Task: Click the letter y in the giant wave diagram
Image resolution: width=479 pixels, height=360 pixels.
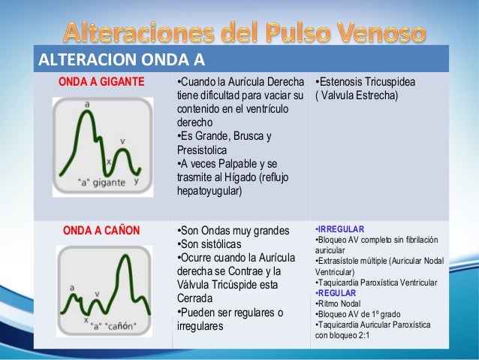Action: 136,181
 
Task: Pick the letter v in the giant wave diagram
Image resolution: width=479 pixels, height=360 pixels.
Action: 122,141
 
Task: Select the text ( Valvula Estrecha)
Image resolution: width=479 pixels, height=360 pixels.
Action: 357,95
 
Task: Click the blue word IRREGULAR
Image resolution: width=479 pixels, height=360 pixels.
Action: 340,228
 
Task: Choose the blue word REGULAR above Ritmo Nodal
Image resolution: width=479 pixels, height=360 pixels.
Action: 337,292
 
